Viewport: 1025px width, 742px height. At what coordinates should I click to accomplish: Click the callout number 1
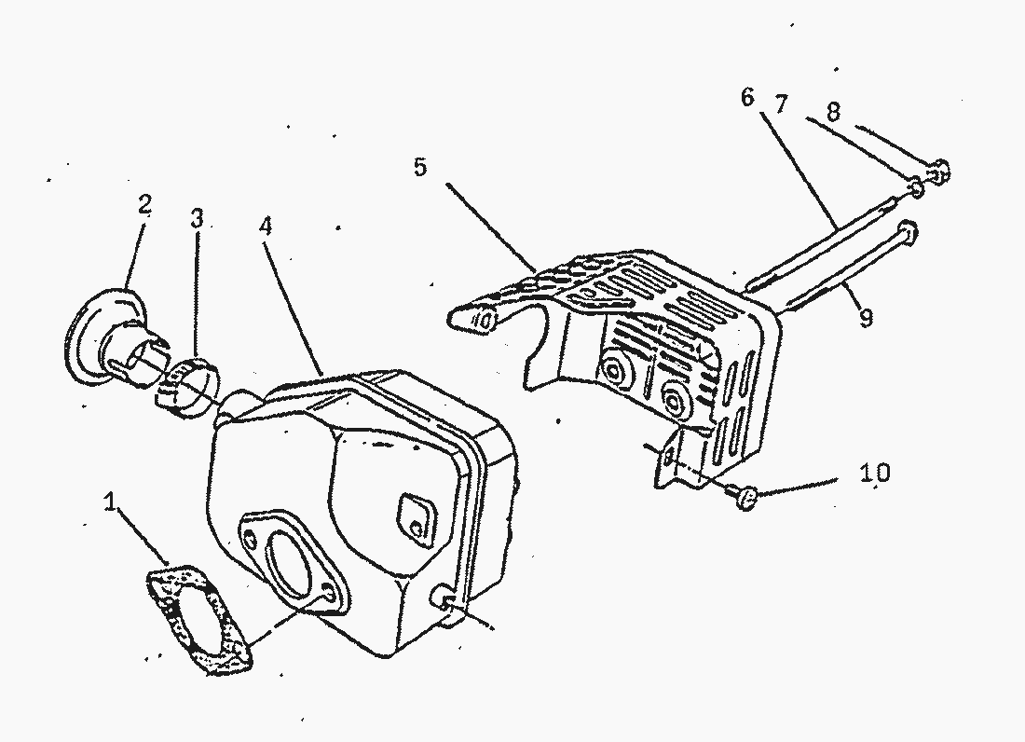[x=110, y=502]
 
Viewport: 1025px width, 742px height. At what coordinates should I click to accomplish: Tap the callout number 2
[x=145, y=204]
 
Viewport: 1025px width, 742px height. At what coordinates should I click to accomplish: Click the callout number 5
[x=419, y=167]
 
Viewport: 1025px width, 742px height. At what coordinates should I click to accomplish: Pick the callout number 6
[x=748, y=97]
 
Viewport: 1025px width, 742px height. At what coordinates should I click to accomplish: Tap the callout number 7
[x=781, y=104]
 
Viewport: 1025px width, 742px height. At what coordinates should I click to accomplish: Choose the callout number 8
[x=833, y=112]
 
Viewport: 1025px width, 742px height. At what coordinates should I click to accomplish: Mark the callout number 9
[x=867, y=317]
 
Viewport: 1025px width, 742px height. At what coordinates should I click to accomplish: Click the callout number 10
[x=875, y=472]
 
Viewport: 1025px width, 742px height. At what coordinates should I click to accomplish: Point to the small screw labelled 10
[x=745, y=498]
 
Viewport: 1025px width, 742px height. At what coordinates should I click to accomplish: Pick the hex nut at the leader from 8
[x=937, y=172]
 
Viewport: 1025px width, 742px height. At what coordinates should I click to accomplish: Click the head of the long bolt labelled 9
[x=908, y=231]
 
